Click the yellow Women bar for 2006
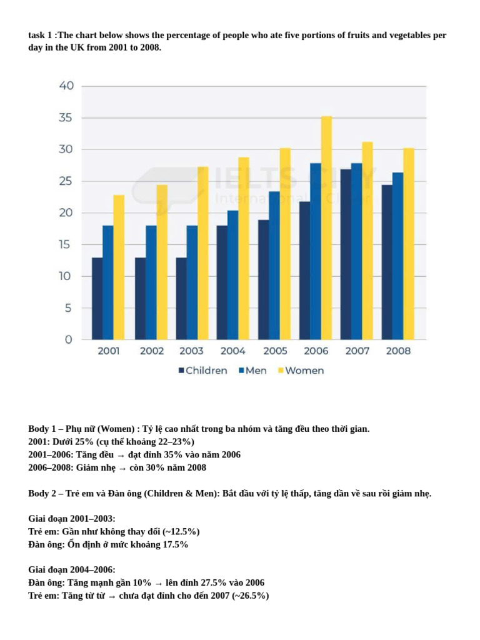click(x=326, y=228)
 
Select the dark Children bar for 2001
click(x=97, y=299)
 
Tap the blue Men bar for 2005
click(x=274, y=266)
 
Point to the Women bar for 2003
click(x=203, y=253)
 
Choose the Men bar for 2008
click(x=397, y=256)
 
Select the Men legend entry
click(x=251, y=371)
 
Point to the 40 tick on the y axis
click(x=66, y=86)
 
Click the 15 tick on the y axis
click(x=66, y=244)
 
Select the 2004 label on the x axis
click(x=233, y=351)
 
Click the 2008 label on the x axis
click(x=399, y=351)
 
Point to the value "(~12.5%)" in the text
click(x=181, y=531)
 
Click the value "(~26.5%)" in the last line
click(x=251, y=596)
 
